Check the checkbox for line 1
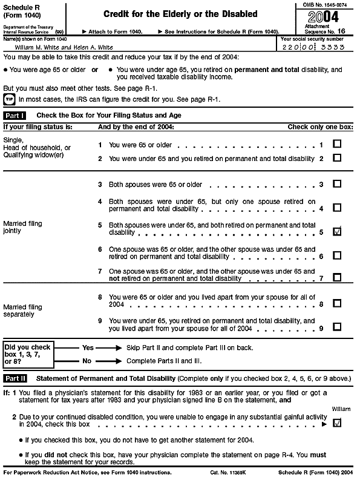click(337, 145)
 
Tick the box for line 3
click(337, 184)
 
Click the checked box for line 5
click(337, 231)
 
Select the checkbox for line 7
click(337, 278)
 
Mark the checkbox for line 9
click(337, 327)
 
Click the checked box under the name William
click(337, 423)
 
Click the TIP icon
click(10, 99)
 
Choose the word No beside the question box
click(87, 361)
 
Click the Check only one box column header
click(319, 127)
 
